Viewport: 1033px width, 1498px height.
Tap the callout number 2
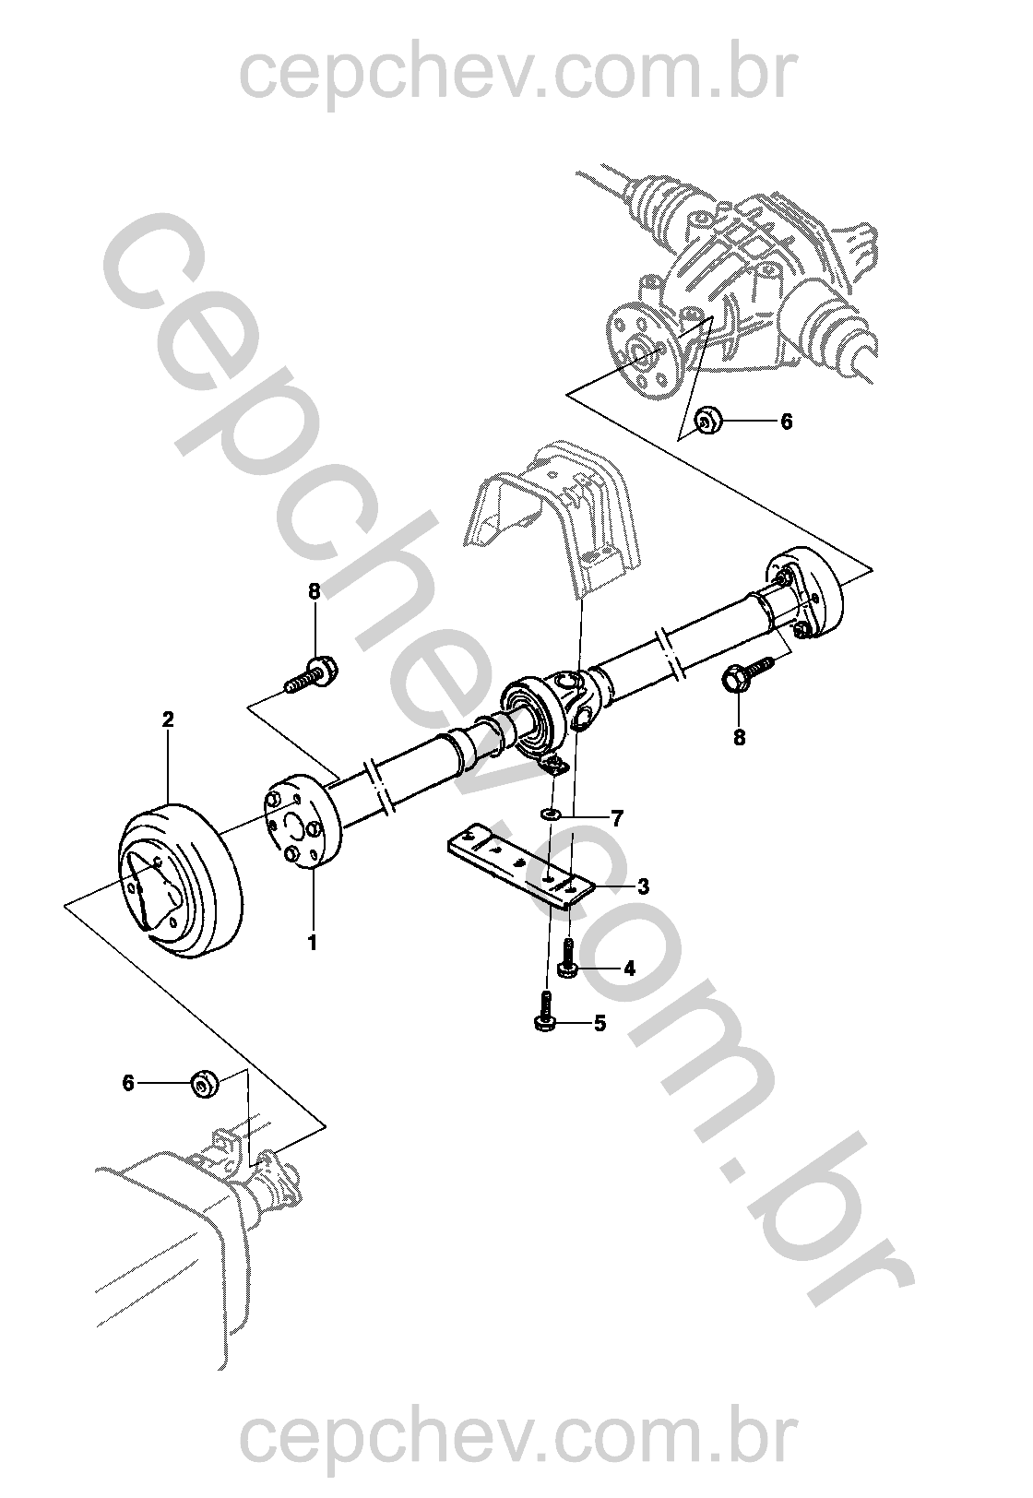coord(168,719)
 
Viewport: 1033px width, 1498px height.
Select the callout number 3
coord(643,886)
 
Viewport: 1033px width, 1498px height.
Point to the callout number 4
coord(629,969)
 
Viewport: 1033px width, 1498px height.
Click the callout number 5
coord(600,1024)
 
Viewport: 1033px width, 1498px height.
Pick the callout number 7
coord(617,818)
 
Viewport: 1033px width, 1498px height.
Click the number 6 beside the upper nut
coord(787,422)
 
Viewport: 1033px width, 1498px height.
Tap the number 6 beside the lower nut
coord(127,1083)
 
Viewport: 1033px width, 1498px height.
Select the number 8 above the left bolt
coord(315,592)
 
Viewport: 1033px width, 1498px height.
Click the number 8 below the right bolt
coord(740,738)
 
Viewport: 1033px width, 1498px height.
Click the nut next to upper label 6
coord(706,422)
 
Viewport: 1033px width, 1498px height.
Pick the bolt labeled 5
coord(543,1013)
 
